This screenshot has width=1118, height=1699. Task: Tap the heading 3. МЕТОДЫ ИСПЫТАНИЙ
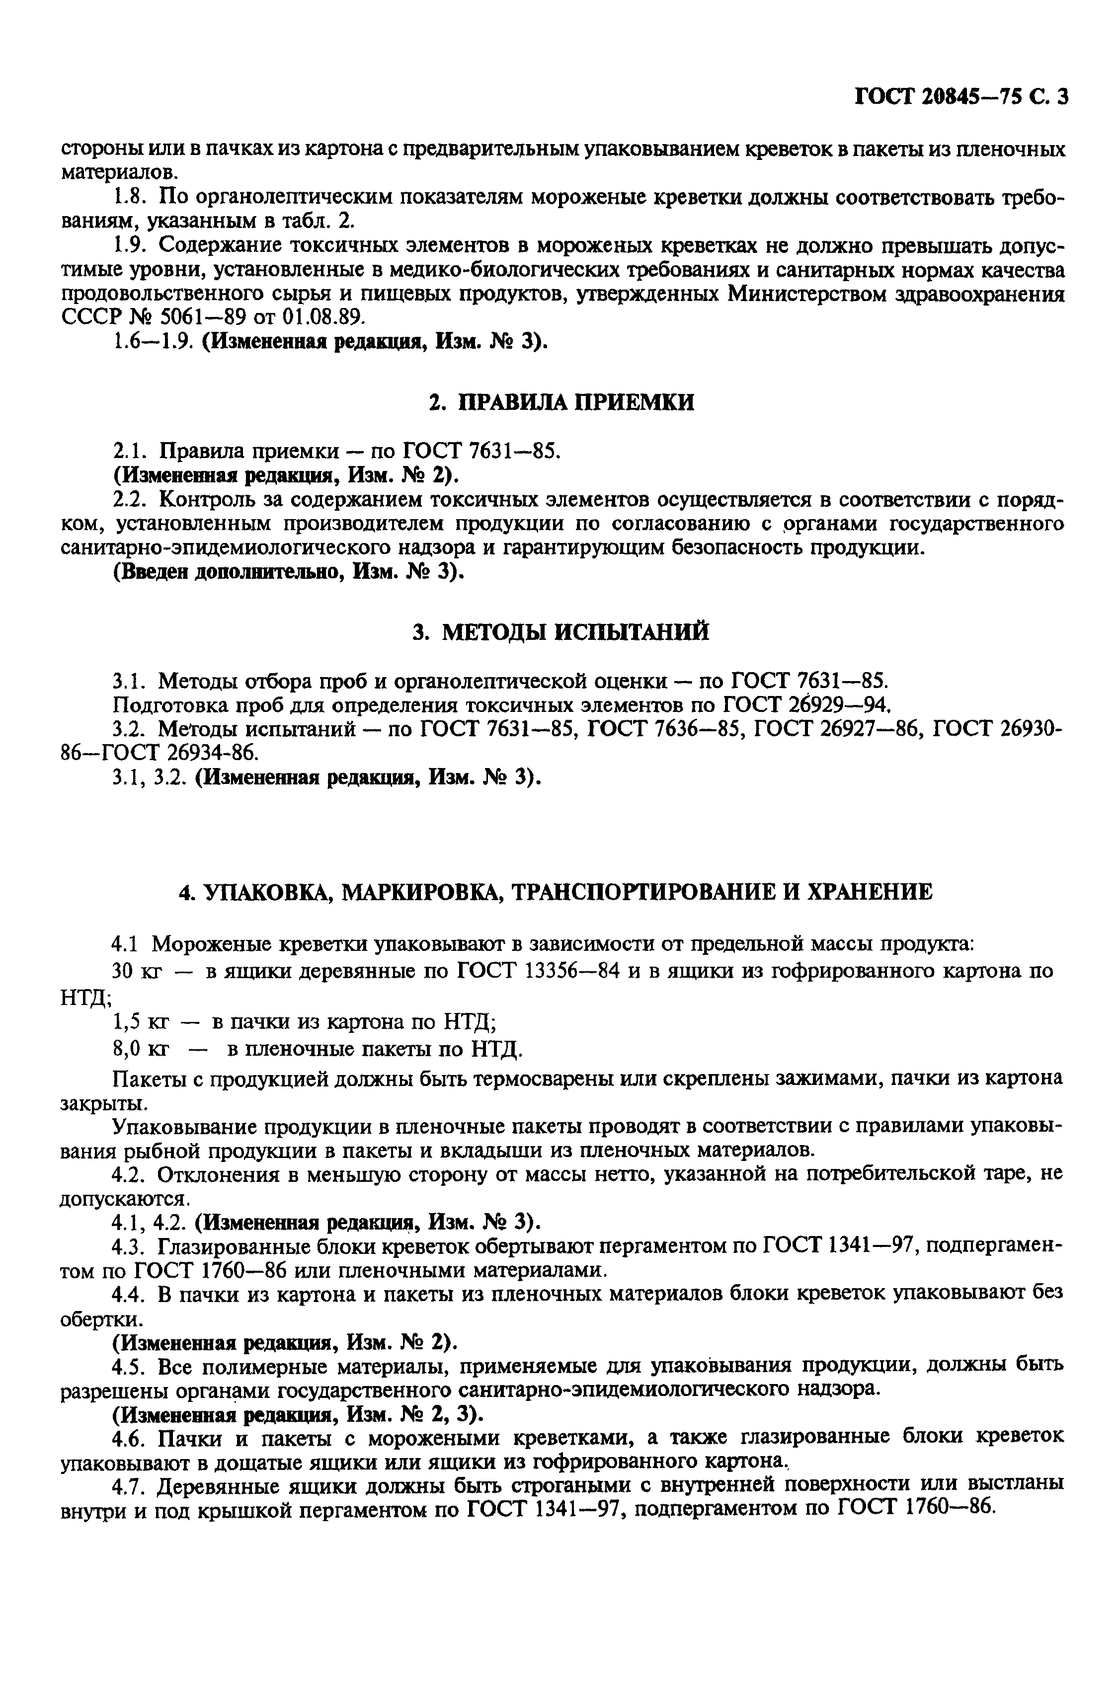[x=561, y=632]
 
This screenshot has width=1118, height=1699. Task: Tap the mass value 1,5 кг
[x=141, y=1023]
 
